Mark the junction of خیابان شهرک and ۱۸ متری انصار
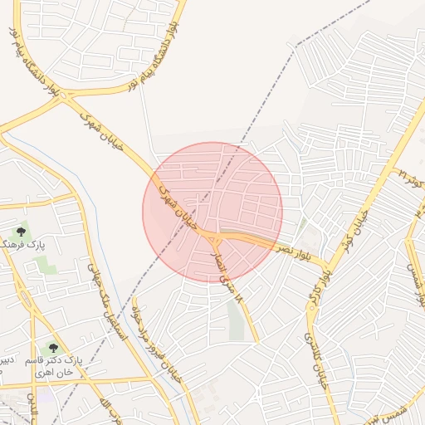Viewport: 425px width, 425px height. [x=213, y=240]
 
